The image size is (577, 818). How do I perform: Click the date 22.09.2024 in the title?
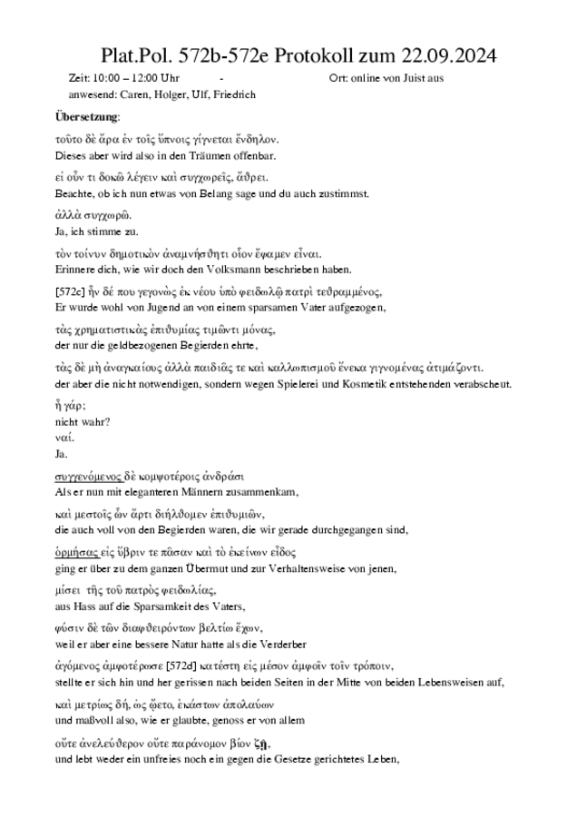445,56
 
